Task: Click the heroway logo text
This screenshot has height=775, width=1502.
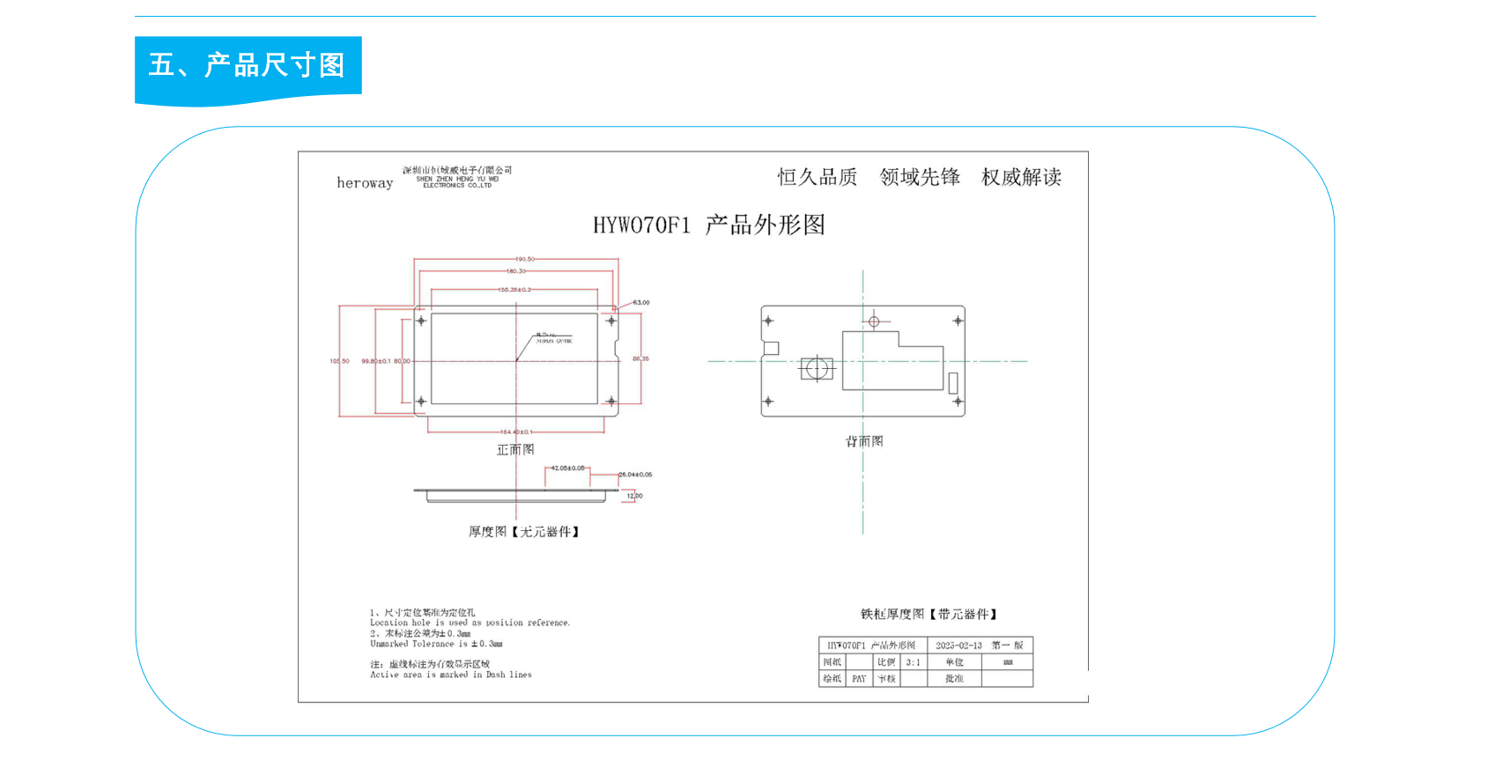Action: click(x=365, y=183)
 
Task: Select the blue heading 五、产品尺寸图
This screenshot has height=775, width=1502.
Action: click(x=247, y=65)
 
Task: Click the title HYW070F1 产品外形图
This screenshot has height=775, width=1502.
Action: click(x=708, y=225)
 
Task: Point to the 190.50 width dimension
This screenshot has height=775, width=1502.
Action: click(x=524, y=259)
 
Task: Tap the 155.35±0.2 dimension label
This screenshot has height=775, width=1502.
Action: click(x=514, y=290)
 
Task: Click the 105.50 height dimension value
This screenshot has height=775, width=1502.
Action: click(x=339, y=361)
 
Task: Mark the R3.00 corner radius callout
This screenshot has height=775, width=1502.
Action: click(x=640, y=303)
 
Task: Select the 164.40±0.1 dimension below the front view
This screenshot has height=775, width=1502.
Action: click(x=516, y=432)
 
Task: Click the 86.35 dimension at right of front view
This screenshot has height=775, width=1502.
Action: click(x=640, y=359)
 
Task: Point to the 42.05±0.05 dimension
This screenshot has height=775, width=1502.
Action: click(x=567, y=469)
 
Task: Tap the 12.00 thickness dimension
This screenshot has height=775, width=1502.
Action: click(x=634, y=496)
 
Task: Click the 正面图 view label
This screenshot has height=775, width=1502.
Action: click(x=515, y=450)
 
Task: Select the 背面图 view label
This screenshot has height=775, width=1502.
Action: click(x=864, y=441)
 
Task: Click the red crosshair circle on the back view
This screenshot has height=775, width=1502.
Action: click(x=874, y=321)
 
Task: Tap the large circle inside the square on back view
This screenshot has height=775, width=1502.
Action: click(x=817, y=368)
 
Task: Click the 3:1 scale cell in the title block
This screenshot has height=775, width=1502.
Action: click(x=913, y=662)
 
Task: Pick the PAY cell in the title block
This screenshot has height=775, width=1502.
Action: click(x=859, y=679)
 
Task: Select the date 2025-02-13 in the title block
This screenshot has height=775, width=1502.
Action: click(x=958, y=646)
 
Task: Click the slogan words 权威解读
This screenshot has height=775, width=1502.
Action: click(x=1021, y=177)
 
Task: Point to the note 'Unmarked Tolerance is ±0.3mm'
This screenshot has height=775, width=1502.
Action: click(x=436, y=644)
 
